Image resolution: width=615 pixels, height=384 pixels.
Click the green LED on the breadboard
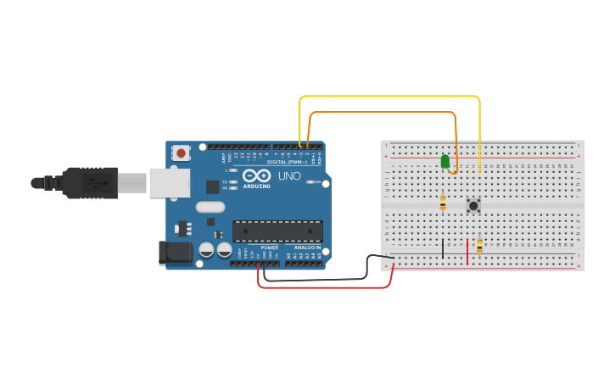pyautogui.click(x=445, y=160)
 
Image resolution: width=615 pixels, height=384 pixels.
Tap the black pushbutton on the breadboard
pyautogui.click(x=473, y=205)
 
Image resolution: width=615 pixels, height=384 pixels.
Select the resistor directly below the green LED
pyautogui.click(x=443, y=202)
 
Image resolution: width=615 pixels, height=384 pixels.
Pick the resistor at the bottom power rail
pyautogui.click(x=480, y=246)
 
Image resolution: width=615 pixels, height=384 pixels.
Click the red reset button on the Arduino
pyautogui.click(x=181, y=153)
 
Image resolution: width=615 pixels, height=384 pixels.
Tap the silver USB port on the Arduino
pyautogui.click(x=169, y=182)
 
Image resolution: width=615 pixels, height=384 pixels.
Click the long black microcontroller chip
pyautogui.click(x=277, y=231)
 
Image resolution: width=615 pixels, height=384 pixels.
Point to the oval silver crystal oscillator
pyautogui.click(x=210, y=207)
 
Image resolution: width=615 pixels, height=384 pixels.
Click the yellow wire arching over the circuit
pyautogui.click(x=390, y=97)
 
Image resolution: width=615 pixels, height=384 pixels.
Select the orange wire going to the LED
pyautogui.click(x=382, y=112)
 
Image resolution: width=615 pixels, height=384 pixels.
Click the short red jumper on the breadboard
pyautogui.click(x=467, y=251)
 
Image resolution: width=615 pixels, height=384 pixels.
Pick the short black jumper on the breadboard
pyautogui.click(x=442, y=248)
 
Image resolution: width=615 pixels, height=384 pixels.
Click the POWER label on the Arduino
pyautogui.click(x=270, y=248)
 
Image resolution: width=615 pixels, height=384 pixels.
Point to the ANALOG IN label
pyautogui.click(x=307, y=248)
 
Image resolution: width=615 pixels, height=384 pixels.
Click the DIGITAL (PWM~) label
pyautogui.click(x=286, y=161)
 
